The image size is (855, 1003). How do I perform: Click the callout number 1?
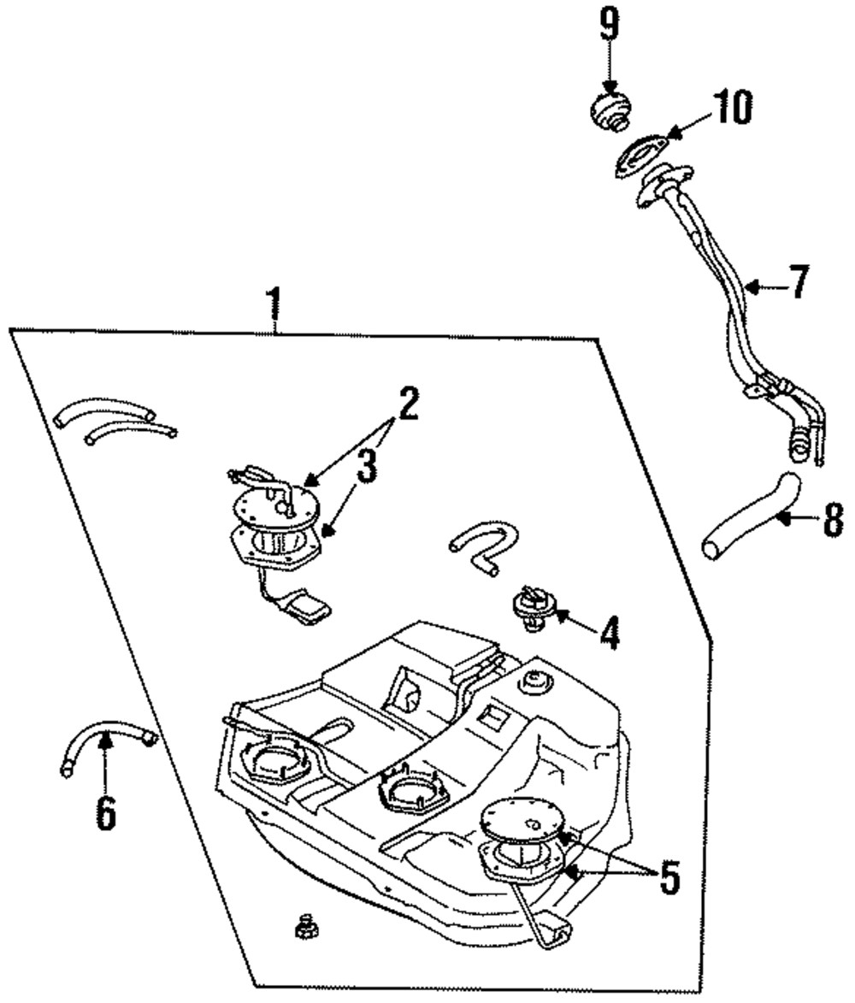coord(275,304)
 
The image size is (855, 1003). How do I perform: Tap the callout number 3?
coord(366,465)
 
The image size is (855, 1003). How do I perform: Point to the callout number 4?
coord(610,634)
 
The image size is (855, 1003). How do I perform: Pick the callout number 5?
coord(669,876)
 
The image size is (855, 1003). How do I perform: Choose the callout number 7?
coord(799,282)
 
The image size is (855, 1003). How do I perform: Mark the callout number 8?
coord(834,520)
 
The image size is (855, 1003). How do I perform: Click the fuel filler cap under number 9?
coord(610,113)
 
